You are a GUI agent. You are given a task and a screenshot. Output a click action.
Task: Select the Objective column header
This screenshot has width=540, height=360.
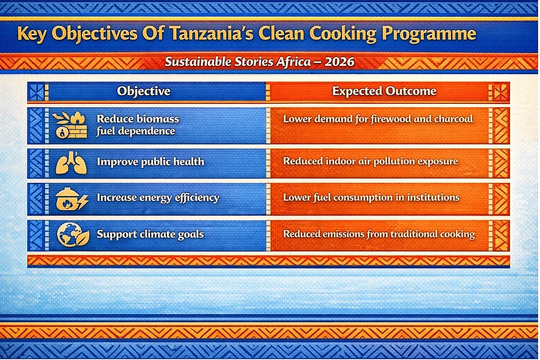click(144, 91)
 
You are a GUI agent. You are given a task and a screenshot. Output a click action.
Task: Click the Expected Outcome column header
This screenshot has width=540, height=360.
click(384, 91)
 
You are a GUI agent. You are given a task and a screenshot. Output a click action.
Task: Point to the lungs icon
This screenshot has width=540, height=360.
click(71, 163)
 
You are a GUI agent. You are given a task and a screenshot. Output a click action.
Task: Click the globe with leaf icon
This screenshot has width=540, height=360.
click(73, 235)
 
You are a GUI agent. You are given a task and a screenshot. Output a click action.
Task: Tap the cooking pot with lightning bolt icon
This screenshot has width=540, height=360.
click(72, 199)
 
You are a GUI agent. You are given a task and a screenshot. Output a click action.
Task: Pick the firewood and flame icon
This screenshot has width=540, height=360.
click(70, 125)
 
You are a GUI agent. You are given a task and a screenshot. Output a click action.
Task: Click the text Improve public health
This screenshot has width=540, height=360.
click(151, 162)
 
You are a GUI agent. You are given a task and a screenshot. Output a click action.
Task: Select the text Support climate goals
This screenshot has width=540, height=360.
click(151, 234)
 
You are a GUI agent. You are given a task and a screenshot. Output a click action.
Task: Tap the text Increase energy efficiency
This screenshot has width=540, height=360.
click(158, 198)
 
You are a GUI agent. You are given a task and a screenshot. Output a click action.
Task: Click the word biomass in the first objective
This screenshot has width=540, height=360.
click(158, 119)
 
